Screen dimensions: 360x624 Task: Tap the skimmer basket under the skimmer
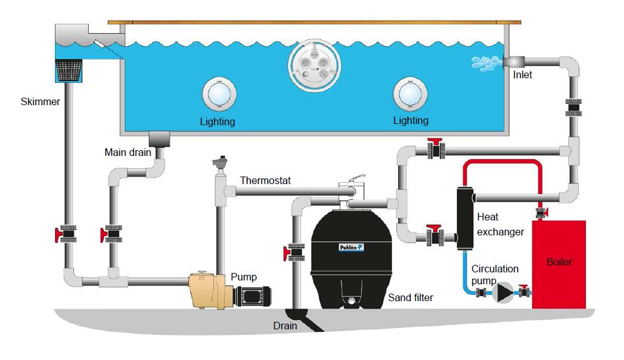(70, 70)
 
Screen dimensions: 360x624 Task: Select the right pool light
(410, 95)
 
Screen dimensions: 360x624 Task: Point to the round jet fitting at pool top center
(316, 65)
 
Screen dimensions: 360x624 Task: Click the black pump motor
(254, 292)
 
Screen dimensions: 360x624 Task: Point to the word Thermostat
(265, 181)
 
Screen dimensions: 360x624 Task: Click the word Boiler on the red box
(558, 262)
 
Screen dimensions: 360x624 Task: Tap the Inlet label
(523, 75)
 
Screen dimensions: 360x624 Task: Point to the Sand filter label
(410, 298)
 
